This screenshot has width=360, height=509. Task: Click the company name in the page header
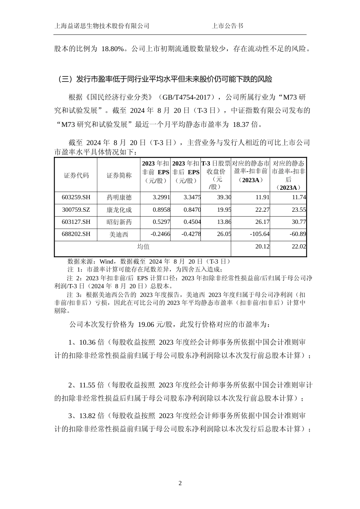(x=102, y=26)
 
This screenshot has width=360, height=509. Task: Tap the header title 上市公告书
(x=227, y=26)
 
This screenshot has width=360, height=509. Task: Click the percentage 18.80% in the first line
(x=113, y=49)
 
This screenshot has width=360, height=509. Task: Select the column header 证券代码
(x=76, y=175)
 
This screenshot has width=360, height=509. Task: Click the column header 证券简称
(x=119, y=175)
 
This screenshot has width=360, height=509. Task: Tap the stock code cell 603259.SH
(x=76, y=197)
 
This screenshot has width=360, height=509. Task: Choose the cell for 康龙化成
(x=119, y=210)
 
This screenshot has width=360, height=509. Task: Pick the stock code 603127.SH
(x=76, y=222)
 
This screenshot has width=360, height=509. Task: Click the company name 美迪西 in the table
(x=119, y=234)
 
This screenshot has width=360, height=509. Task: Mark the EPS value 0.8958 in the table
(x=161, y=210)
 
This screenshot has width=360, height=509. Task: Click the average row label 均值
(x=143, y=247)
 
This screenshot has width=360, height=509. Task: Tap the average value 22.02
(x=298, y=247)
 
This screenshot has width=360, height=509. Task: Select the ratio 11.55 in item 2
(x=87, y=386)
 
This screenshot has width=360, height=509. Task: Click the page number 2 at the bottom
(x=180, y=483)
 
